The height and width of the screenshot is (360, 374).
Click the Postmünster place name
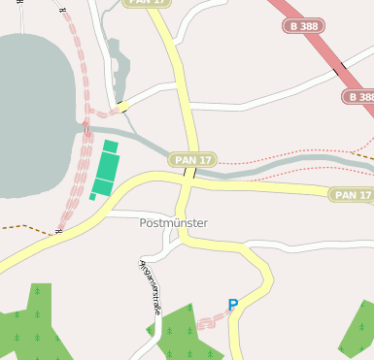[174, 222]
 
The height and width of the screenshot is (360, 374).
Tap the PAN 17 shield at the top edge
[148, 3]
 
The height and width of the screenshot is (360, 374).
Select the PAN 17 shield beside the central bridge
[192, 159]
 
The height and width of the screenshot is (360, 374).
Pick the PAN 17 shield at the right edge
[352, 195]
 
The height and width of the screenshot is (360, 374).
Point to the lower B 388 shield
[358, 97]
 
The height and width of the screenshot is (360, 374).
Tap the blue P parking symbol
[232, 305]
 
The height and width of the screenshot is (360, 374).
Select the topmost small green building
[111, 147]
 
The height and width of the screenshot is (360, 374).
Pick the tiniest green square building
[93, 197]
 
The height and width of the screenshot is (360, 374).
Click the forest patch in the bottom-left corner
[29, 325]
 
